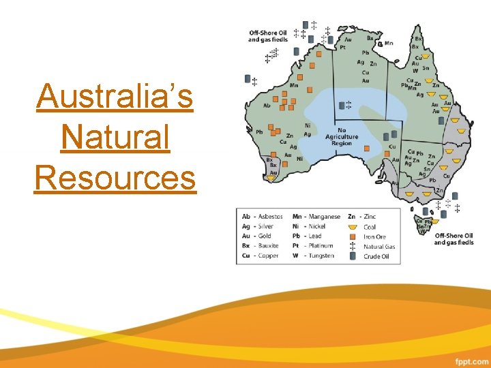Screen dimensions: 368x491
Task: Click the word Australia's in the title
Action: (115, 96)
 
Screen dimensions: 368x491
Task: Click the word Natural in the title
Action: (115, 137)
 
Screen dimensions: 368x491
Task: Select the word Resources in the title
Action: (115, 178)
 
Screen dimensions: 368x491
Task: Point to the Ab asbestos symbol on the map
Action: (267, 106)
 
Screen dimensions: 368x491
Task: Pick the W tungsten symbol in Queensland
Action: (415, 70)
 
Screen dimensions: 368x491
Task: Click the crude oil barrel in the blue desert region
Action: (342, 106)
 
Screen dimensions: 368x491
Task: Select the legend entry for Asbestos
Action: (262, 217)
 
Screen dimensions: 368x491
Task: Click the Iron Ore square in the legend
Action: (353, 236)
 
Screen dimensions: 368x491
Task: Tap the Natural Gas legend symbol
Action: (353, 247)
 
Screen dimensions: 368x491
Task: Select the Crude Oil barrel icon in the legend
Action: (353, 256)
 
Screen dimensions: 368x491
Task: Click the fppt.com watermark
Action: (471, 359)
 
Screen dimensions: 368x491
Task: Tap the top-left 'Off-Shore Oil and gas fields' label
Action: (268, 36)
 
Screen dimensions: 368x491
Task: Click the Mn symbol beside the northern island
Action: (389, 43)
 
